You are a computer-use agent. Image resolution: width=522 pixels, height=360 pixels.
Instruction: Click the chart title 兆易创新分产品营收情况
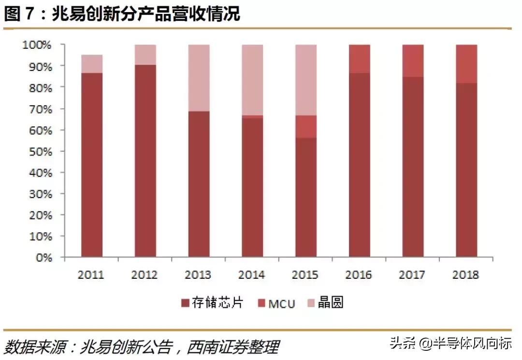click(x=145, y=14)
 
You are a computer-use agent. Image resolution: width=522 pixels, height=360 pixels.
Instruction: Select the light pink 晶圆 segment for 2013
click(x=199, y=78)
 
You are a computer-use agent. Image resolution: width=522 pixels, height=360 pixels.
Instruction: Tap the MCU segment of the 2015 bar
click(x=306, y=127)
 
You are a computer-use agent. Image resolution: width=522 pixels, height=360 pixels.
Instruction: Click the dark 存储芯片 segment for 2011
click(x=92, y=164)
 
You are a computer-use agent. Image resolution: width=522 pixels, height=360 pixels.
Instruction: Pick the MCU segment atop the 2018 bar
click(x=466, y=64)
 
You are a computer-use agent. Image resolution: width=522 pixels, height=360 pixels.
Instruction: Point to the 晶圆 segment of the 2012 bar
click(x=145, y=55)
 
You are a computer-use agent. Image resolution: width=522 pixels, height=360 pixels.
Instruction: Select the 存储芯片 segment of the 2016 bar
click(x=360, y=164)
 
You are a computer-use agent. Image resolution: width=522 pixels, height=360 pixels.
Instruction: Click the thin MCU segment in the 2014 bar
click(x=252, y=116)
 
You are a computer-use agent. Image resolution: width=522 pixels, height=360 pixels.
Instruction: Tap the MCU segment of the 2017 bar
click(x=413, y=61)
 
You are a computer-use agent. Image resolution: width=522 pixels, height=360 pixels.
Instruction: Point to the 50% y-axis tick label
click(x=39, y=151)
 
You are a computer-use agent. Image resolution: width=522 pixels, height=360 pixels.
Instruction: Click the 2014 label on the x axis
click(x=252, y=275)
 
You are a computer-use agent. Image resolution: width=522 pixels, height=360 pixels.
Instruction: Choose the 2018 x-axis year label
click(x=466, y=275)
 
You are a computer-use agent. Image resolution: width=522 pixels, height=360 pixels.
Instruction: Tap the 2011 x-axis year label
click(x=91, y=275)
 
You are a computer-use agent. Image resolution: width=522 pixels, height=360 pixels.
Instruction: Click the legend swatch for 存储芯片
click(x=185, y=303)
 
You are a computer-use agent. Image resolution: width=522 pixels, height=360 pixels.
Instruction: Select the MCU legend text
click(x=282, y=304)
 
